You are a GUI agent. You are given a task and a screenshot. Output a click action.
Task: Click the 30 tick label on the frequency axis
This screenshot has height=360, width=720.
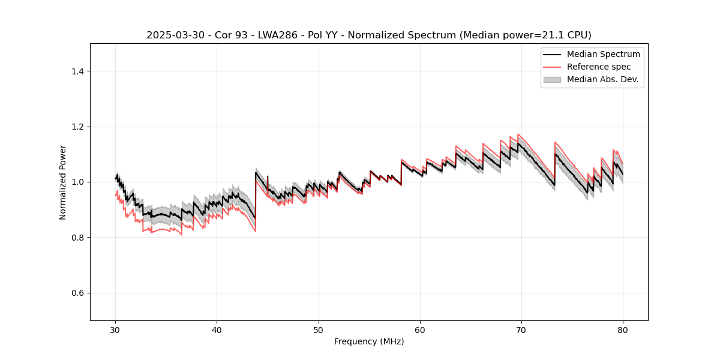coord(115,330)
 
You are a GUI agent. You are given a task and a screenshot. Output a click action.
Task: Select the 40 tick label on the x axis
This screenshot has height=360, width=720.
coord(217,330)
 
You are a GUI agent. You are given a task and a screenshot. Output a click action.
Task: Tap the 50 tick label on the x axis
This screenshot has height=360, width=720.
coord(318,330)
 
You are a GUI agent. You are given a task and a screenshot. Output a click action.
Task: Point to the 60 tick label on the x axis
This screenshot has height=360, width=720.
coord(420,330)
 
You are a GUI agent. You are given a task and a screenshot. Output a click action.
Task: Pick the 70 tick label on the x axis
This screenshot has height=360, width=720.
coord(521,330)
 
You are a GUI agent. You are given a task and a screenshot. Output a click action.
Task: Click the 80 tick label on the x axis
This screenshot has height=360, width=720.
coord(623,330)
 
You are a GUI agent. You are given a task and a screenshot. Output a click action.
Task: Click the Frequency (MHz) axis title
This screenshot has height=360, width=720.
coord(369,341)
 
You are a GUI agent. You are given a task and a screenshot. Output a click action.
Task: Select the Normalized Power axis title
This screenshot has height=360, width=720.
coord(63,182)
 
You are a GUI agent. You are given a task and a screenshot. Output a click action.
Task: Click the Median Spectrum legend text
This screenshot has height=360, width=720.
coord(603,54)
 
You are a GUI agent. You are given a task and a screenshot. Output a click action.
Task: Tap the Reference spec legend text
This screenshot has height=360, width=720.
coord(599,67)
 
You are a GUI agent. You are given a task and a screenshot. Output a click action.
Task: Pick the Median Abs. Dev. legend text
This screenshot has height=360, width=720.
coord(602,79)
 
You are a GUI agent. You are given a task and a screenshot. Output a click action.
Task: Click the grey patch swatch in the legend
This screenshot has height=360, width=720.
coord(552,79)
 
